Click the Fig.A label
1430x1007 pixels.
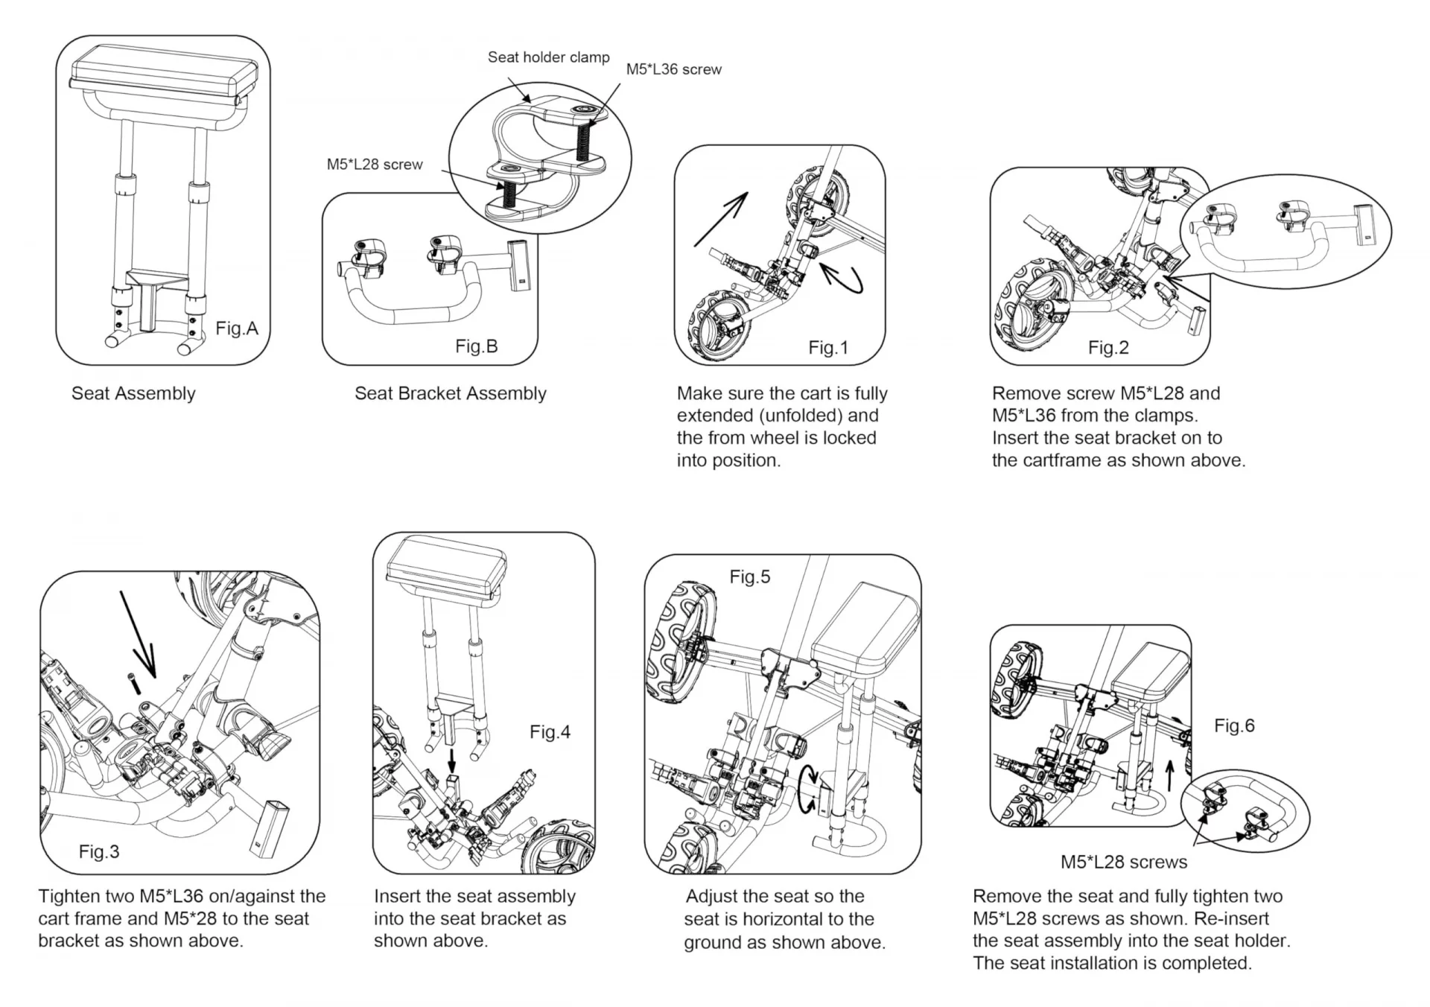[x=237, y=328]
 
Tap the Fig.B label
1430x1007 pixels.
[x=476, y=346]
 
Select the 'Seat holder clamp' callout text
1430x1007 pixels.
[x=548, y=57]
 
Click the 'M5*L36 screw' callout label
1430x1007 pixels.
[x=673, y=69]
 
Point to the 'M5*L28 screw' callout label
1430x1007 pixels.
[x=375, y=164]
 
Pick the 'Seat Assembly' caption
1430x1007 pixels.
[x=133, y=393]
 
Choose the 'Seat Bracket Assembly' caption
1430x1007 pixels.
[x=450, y=393]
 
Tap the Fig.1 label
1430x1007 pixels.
[x=828, y=348]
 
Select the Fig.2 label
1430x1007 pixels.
[x=1108, y=348]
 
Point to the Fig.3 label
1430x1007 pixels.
[x=99, y=851]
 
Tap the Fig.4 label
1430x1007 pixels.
[x=550, y=732]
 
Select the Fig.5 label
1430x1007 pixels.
[x=749, y=576]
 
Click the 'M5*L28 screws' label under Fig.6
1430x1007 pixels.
[x=1124, y=862]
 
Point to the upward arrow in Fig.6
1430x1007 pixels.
[x=1169, y=775]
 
